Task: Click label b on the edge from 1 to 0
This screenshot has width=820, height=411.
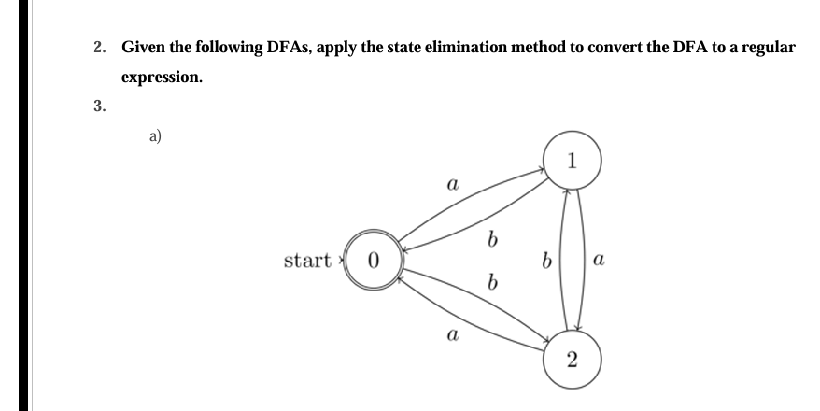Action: tap(490, 242)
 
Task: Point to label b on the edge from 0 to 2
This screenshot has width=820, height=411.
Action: tap(490, 281)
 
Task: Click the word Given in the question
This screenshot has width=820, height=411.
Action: tap(143, 47)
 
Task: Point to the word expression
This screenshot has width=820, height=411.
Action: tap(162, 77)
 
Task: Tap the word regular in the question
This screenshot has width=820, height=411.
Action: tap(770, 47)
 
